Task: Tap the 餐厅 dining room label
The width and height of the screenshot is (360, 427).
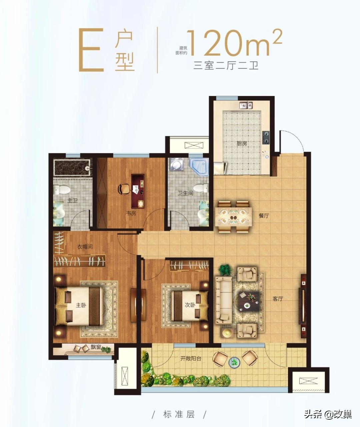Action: (x=264, y=216)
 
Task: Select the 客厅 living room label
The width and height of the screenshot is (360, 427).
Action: (x=277, y=299)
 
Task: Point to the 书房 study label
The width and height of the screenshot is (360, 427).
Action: (x=131, y=213)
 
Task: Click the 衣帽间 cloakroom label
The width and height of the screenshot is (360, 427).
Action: (x=85, y=247)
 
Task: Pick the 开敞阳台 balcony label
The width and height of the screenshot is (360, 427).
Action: (x=191, y=359)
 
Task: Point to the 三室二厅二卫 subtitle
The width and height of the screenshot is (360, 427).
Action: (x=226, y=65)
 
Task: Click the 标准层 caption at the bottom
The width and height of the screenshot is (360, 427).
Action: (x=179, y=415)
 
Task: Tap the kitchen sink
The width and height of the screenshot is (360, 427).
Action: (x=246, y=105)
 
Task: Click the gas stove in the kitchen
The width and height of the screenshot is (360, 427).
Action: (x=266, y=137)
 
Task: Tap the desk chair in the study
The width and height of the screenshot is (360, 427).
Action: (x=124, y=189)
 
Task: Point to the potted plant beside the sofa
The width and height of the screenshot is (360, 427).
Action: (x=225, y=269)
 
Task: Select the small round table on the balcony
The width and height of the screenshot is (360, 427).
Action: (x=235, y=361)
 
